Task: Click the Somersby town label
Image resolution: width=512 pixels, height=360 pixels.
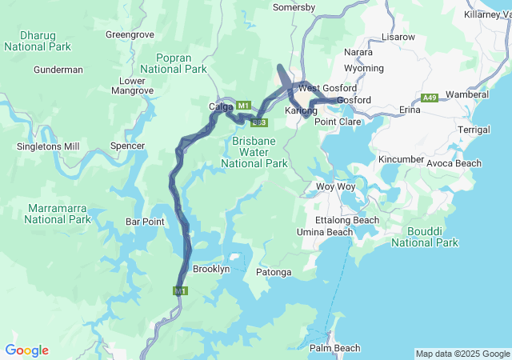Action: tap(294, 7)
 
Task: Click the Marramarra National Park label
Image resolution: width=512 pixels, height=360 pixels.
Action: tap(58, 213)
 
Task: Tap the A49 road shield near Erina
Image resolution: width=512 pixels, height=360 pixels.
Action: tap(430, 98)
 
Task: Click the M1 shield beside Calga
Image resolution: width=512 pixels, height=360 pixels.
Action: tap(244, 105)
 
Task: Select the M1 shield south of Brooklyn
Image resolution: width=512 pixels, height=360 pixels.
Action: tap(180, 291)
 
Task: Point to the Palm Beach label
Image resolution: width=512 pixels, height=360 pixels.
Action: tap(334, 348)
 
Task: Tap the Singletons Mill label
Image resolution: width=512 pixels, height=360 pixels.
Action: tap(48, 146)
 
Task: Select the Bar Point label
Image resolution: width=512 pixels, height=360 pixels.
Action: tap(145, 221)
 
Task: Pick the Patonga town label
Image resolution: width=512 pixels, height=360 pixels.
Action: tap(274, 272)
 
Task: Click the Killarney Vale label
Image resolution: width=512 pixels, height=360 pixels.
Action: tap(487, 15)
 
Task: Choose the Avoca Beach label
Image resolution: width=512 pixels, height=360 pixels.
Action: tap(454, 163)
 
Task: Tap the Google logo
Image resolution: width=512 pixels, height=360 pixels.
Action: tap(26, 350)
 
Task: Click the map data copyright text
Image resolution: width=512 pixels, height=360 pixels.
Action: tap(462, 354)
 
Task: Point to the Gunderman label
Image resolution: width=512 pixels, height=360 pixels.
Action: tap(58, 70)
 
